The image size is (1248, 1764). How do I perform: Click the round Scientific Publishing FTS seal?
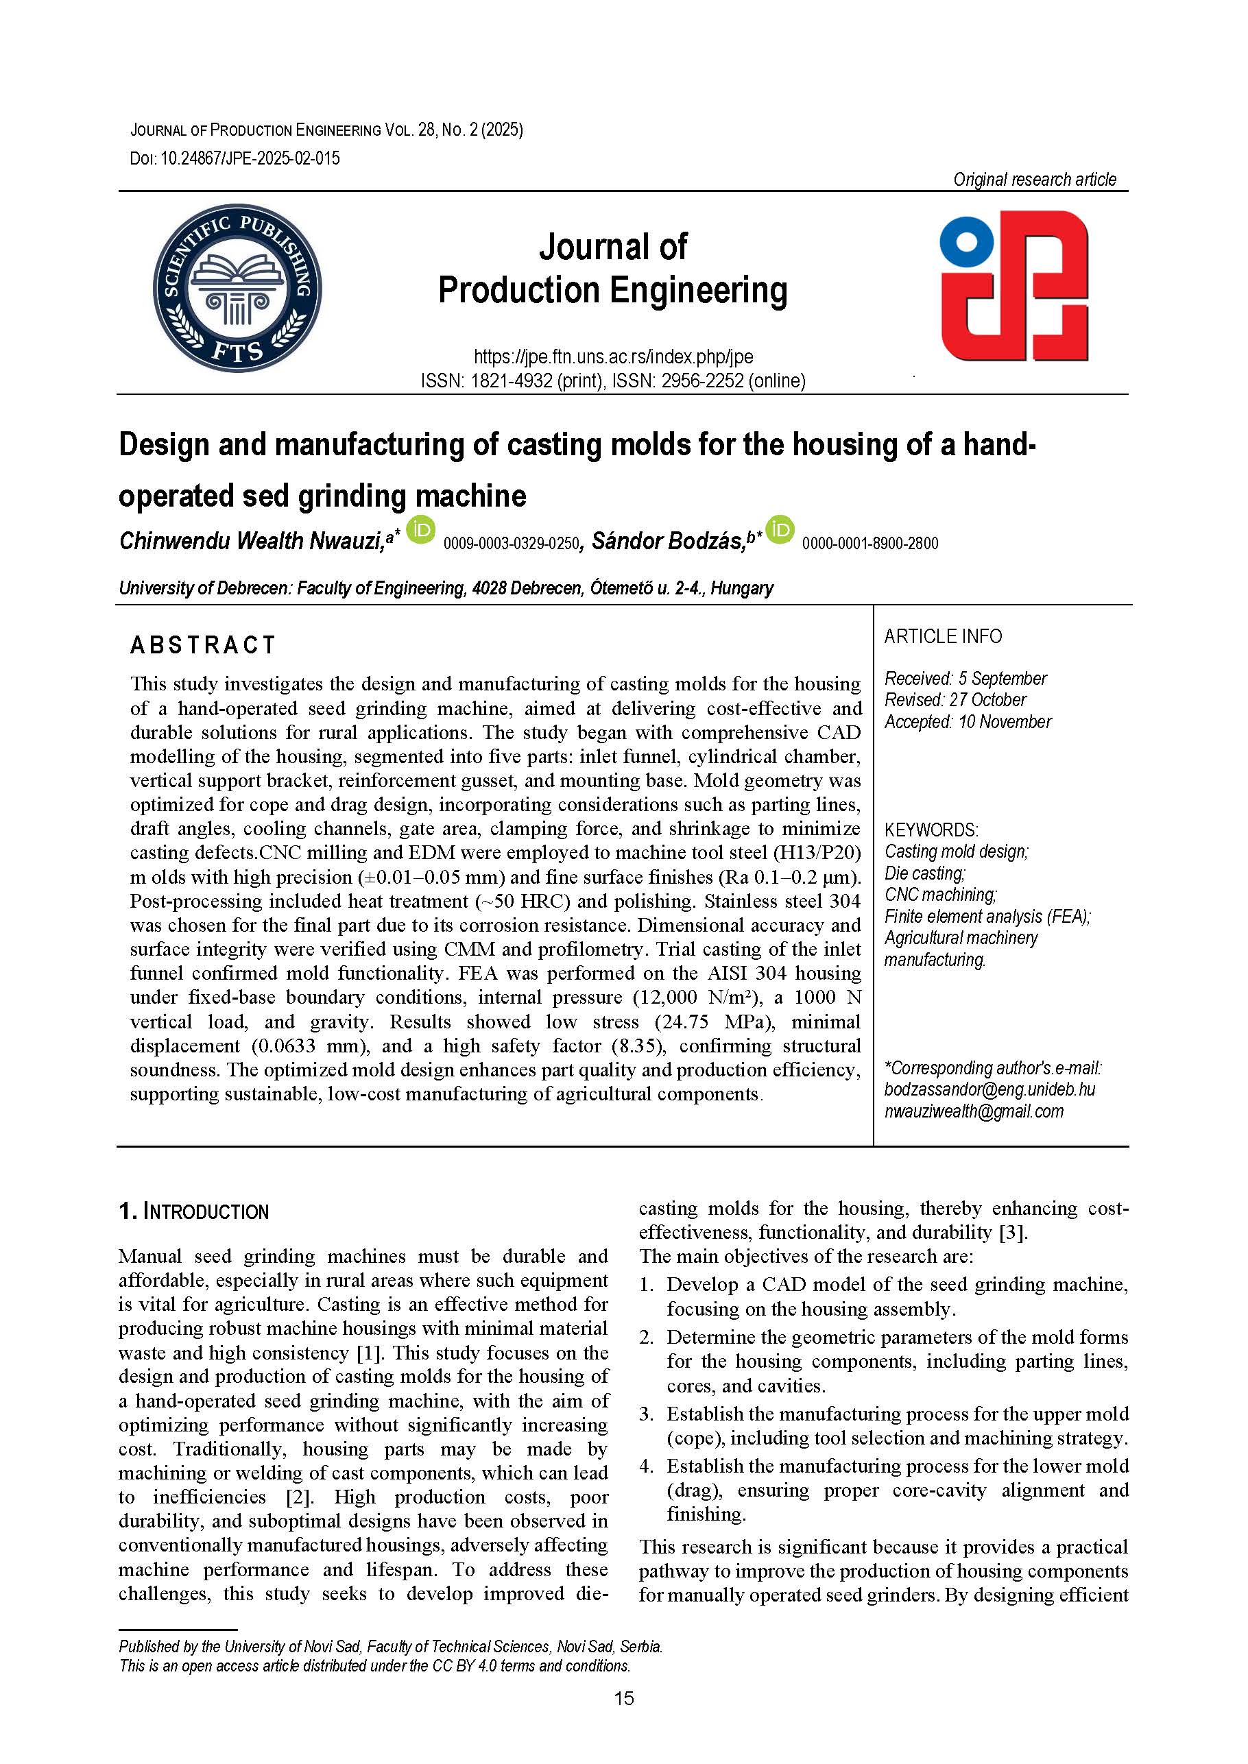coord(237,289)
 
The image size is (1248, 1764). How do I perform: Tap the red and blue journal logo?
coord(1014,285)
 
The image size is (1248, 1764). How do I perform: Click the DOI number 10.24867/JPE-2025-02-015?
coord(250,158)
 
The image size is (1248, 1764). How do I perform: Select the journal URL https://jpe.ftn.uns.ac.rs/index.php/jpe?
coord(613,357)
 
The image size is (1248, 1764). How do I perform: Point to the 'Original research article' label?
coord(1034,179)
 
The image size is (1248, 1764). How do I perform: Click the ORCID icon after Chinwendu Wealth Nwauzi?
coord(420,530)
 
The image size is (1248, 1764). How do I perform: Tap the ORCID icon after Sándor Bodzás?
coord(780,530)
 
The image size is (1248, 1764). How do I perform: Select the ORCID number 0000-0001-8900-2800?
coord(870,544)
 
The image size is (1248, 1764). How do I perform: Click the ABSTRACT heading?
coord(203,645)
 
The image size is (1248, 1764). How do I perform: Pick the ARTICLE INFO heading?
coord(943,636)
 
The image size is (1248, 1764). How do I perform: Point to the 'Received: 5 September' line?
coord(965,679)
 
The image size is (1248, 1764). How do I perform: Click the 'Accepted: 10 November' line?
coord(968,722)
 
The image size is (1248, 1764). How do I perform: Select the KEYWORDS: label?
coord(931,830)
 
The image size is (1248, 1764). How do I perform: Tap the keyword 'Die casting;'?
coord(924,873)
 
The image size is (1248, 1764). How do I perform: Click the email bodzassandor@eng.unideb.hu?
coord(989,1089)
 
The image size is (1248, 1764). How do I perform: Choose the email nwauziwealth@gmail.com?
coord(974,1111)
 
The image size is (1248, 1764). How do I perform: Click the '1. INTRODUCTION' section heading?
coord(193,1212)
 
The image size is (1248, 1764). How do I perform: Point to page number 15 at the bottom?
coord(624,1698)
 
